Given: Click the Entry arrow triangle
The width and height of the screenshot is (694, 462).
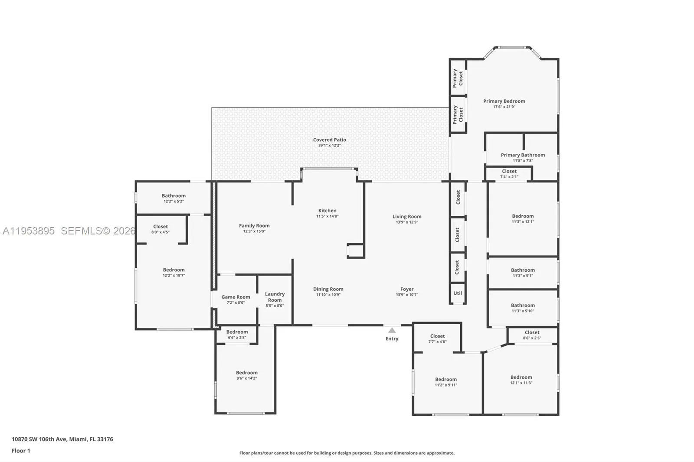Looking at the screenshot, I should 392,330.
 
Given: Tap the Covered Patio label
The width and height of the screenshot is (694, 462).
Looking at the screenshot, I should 330,140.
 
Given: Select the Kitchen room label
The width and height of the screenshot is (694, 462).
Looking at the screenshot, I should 327,211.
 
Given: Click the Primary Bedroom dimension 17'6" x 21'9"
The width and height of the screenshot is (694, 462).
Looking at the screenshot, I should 504,107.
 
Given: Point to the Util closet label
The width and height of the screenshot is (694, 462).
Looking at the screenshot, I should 458,293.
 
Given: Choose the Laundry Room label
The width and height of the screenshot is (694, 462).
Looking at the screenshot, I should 275,297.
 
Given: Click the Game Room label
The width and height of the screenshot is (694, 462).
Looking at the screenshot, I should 236,297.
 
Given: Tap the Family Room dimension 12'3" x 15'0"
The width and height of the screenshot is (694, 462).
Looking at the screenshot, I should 254,231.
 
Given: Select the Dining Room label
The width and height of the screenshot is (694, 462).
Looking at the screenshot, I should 328,289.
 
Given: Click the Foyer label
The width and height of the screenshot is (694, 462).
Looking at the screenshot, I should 407,289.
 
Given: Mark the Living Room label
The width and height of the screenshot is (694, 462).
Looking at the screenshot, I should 407,217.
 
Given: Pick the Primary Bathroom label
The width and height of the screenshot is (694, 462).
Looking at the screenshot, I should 523,155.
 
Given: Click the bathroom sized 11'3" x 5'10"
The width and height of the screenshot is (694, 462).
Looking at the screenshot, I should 523,308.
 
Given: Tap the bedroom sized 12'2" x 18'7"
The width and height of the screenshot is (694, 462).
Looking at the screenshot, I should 173,272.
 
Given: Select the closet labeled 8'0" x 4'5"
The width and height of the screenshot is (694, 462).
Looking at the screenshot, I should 160,229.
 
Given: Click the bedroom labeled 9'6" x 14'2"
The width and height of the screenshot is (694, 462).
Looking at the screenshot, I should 247,375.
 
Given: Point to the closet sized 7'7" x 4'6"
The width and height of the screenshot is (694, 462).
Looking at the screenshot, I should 437,338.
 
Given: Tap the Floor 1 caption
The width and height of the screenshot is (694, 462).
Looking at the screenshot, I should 21,451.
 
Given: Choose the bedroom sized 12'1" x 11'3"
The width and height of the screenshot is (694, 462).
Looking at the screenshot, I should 521,380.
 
